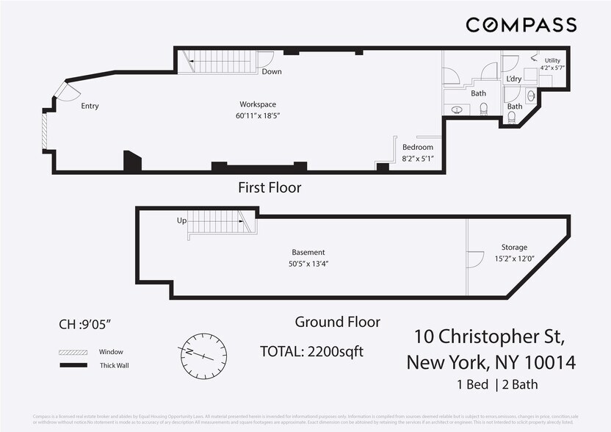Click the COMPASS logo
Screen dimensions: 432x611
521,25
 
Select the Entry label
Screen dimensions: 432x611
90,107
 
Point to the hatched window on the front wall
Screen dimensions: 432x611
45,133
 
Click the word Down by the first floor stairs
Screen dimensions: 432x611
271,72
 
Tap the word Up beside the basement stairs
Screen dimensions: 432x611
181,220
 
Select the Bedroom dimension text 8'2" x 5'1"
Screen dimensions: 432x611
417,159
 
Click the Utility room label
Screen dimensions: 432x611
552,60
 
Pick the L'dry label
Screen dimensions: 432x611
513,79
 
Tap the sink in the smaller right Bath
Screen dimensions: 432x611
530,96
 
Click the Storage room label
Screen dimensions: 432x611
514,248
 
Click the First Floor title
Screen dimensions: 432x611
270,188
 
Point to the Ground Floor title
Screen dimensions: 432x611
337,322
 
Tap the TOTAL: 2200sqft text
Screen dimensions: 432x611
311,351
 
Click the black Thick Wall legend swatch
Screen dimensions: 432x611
73,365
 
